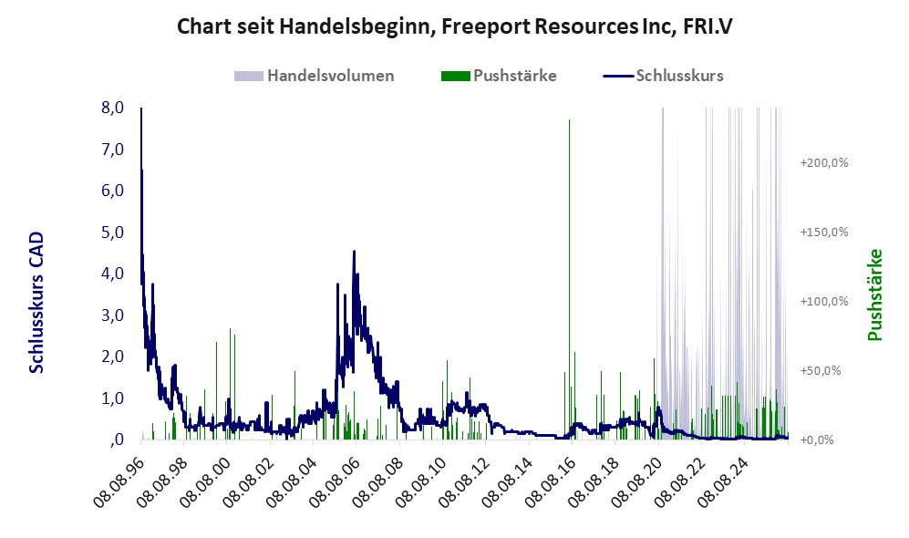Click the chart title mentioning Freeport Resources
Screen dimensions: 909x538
coord(454,26)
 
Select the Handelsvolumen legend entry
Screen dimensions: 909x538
coord(315,76)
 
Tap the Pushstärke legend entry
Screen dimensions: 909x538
coord(499,76)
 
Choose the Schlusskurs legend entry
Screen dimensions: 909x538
coord(663,76)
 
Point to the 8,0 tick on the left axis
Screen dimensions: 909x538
coord(112,108)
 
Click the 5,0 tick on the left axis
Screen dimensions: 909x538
coord(112,232)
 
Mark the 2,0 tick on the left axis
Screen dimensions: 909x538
coord(112,356)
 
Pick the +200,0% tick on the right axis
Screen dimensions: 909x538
coord(824,163)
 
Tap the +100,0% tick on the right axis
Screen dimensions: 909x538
coord(824,302)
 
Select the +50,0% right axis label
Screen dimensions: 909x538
coord(821,370)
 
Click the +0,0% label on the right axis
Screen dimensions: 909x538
coord(817,440)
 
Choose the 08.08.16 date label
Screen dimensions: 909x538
coord(552,481)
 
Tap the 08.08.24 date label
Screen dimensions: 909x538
coord(725,481)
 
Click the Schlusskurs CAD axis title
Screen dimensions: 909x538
coord(36,302)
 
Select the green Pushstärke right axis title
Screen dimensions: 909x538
coord(874,295)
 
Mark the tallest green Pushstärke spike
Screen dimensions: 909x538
coord(569,279)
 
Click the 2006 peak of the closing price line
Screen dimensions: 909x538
coord(354,252)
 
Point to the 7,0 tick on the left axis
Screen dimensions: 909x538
coord(112,149)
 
